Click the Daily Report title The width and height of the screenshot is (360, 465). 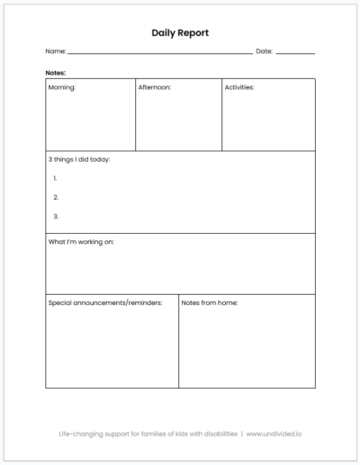[180, 32]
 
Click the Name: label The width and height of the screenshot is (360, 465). [55, 51]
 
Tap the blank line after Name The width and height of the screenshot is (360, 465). [159, 53]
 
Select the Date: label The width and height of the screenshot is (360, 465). [264, 51]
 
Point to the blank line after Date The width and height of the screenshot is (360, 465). [295, 53]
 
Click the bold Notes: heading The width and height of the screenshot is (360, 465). [55, 72]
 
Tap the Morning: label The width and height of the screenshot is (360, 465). [62, 88]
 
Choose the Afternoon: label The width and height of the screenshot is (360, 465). [154, 88]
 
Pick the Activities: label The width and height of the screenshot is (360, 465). [239, 88]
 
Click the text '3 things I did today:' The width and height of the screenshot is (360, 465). [79, 160]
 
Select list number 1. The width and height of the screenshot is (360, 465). [56, 178]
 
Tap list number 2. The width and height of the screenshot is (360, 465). [56, 197]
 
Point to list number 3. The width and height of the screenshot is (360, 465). [56, 216]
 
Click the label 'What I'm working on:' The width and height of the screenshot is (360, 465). [81, 242]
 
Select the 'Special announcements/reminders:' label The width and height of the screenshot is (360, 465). [104, 303]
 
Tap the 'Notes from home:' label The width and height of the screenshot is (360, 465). [209, 303]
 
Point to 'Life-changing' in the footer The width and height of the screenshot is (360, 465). [78, 433]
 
